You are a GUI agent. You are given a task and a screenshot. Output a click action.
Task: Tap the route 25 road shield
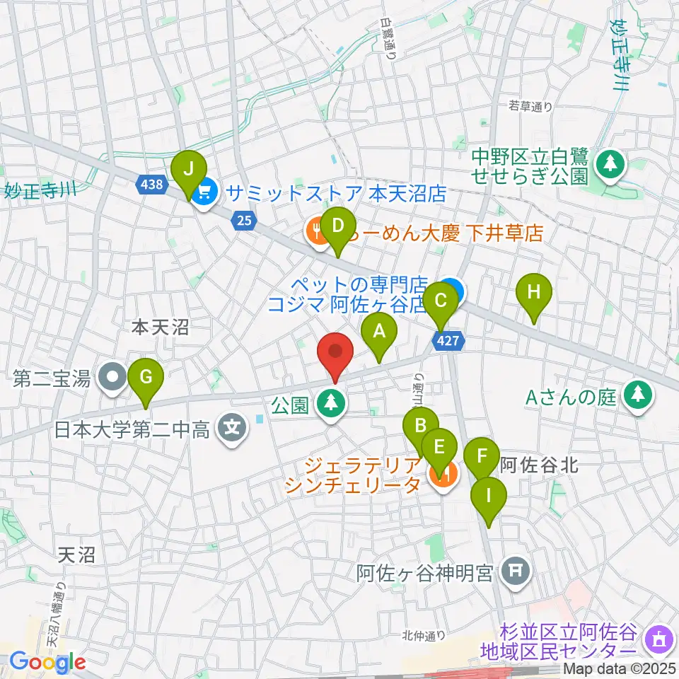pyautogui.click(x=244, y=221)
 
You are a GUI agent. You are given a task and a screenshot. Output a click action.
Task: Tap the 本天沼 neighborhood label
pyautogui.click(x=161, y=327)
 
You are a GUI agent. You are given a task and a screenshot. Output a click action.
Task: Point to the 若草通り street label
pyautogui.click(x=530, y=107)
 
